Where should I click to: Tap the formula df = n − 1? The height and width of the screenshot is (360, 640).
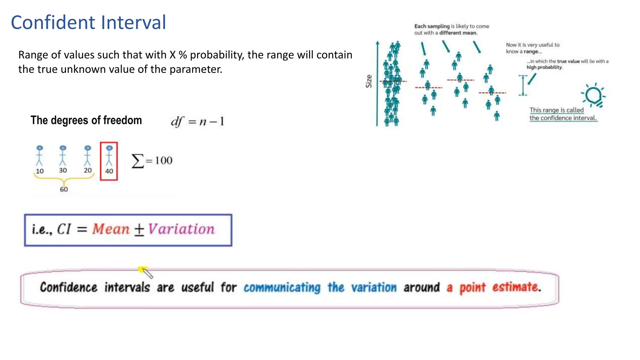click(197, 121)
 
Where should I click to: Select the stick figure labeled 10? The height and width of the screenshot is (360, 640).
click(39, 156)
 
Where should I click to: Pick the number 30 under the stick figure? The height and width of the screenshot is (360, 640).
click(63, 170)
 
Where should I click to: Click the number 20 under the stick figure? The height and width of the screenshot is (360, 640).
click(88, 170)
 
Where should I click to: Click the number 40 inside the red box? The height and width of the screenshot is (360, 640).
click(109, 171)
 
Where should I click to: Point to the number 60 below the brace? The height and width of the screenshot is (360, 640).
click(64, 189)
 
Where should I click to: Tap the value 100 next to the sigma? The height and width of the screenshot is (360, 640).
click(163, 161)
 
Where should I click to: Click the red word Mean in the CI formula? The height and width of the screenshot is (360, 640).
click(111, 229)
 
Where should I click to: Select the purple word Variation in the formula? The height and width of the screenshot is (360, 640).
click(181, 229)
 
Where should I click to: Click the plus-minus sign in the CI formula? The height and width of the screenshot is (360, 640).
click(139, 230)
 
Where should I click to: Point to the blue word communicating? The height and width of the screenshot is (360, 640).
click(282, 287)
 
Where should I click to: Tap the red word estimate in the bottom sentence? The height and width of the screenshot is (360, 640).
click(516, 287)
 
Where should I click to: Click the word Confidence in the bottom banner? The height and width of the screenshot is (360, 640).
click(68, 287)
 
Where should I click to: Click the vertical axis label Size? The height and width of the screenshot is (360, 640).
click(369, 81)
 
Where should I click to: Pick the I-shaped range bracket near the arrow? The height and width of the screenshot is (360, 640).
click(523, 85)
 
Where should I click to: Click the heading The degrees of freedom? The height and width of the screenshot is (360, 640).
click(86, 120)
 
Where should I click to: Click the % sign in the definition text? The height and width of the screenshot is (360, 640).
click(183, 55)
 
